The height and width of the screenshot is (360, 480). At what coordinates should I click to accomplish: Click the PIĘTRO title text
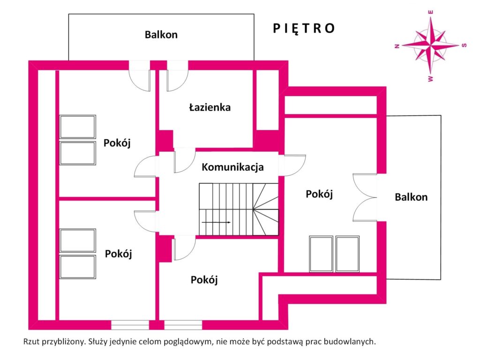point(304,29)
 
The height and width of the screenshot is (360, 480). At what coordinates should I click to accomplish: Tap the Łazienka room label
point(210,107)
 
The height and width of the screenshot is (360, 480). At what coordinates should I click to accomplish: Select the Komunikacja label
point(232,167)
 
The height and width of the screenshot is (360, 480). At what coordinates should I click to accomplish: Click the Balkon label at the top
point(161,35)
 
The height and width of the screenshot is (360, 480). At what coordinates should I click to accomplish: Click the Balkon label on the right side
point(411,197)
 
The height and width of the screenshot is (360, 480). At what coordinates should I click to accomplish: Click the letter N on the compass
point(397,46)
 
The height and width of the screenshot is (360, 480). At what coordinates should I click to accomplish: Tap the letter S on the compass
point(464,45)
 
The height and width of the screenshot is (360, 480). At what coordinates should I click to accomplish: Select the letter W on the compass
point(431,79)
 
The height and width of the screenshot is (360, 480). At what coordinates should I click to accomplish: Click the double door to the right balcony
point(365,197)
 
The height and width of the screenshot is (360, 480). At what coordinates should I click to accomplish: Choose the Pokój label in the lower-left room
point(118,254)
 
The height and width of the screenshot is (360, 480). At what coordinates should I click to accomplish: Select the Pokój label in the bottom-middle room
point(204,280)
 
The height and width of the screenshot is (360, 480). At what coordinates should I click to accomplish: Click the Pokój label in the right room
point(319,194)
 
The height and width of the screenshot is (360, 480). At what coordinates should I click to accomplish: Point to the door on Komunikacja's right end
point(292,165)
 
